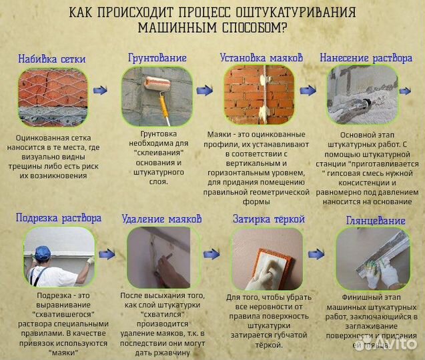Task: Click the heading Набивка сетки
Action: pos(52,59)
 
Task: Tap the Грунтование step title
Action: pos(157,58)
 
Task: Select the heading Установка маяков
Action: pos(261,58)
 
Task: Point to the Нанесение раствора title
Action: pos(366,58)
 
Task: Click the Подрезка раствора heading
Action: pos(59,217)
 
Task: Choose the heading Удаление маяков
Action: pos(161,219)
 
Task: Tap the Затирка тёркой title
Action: pos(268,219)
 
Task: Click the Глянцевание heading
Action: pos(376,220)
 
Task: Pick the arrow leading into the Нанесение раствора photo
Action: pos(308,90)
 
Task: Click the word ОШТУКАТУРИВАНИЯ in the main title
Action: pos(289,13)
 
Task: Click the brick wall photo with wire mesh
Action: pos(52,97)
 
